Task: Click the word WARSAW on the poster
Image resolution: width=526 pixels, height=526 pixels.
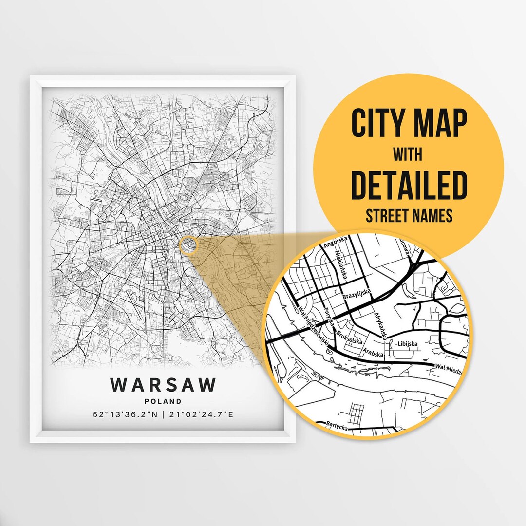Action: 163,384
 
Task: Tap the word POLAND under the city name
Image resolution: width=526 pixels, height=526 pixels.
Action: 163,402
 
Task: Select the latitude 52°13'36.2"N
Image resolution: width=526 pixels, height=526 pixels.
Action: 125,415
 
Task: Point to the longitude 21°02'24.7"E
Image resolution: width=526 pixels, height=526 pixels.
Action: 201,415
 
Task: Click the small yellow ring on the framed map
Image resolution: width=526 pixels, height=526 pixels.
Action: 188,245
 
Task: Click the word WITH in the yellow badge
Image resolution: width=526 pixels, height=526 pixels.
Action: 409,154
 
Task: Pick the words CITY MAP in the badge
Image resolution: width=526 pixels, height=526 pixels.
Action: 409,124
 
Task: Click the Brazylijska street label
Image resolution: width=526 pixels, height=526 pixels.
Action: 357,294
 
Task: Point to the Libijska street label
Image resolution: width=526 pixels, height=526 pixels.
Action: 408,344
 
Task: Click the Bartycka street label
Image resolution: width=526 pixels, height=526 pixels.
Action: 338,425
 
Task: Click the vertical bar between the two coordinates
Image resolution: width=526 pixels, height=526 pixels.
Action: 163,415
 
